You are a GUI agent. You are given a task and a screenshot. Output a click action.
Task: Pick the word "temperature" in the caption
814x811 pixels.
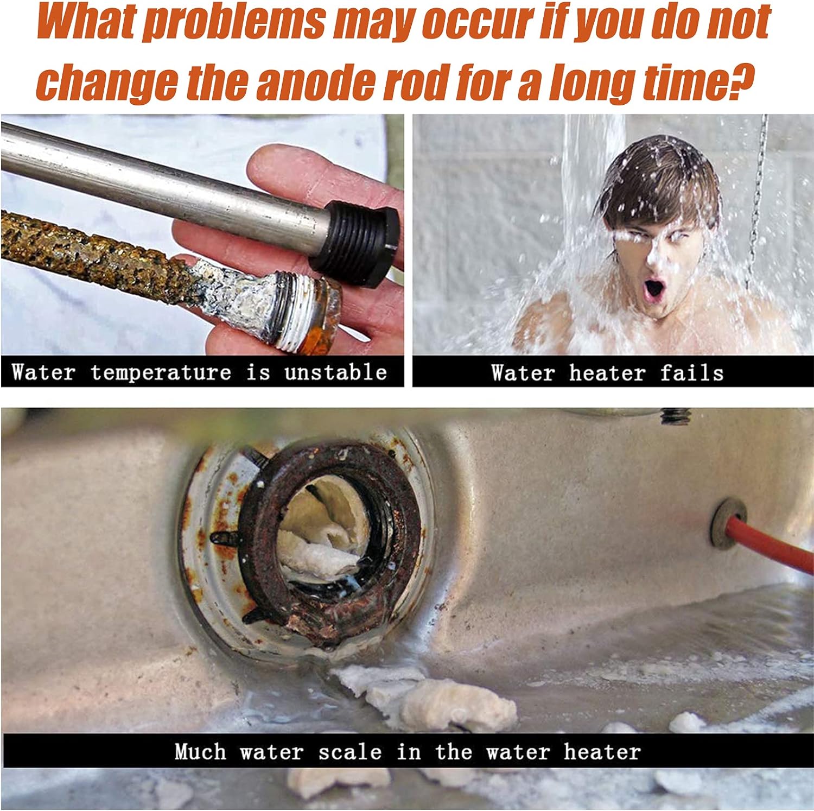tap(161, 373)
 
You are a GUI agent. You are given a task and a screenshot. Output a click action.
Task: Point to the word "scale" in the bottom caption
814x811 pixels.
tap(350, 752)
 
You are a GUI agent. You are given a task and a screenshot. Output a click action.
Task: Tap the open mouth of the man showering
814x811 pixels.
tap(655, 288)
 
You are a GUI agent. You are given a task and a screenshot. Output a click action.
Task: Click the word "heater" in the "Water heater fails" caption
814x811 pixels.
tap(607, 373)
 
